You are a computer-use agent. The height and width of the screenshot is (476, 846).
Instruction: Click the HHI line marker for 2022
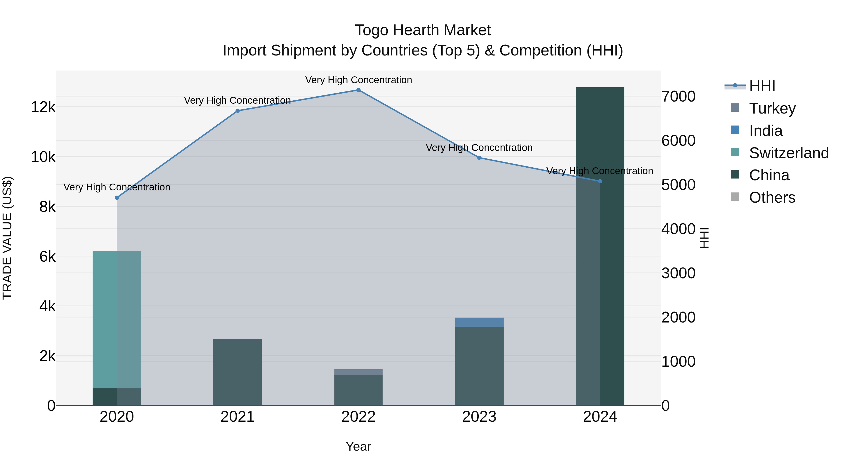pos(358,90)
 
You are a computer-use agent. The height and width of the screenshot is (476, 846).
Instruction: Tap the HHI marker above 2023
pos(479,158)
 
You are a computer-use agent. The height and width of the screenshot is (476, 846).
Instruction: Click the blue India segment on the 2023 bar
pos(479,322)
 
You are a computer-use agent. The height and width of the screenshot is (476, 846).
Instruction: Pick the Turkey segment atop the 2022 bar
pos(358,372)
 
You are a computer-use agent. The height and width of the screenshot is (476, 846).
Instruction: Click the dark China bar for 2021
pos(237,372)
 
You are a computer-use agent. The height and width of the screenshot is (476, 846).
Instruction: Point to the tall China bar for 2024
pos(600,246)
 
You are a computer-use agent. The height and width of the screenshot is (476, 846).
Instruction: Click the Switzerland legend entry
pos(788,153)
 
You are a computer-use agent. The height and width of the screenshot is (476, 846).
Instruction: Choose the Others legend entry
pos(772,198)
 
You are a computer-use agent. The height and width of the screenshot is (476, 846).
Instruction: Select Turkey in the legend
pos(772,108)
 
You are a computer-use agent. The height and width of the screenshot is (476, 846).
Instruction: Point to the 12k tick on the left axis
pos(43,107)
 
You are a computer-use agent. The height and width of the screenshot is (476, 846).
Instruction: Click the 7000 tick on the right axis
pos(678,97)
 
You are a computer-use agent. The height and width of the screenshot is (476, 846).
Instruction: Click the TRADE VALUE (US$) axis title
pos(7,238)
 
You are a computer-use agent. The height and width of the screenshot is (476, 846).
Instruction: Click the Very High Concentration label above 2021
pos(237,101)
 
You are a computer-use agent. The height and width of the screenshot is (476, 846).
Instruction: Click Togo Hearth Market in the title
pos(423,31)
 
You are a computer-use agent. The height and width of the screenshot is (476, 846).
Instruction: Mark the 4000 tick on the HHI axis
pos(678,229)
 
